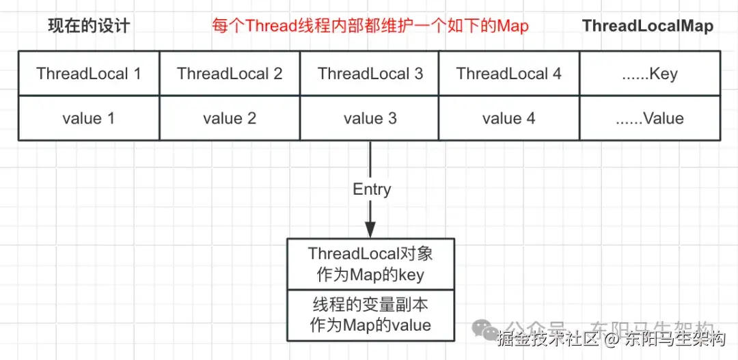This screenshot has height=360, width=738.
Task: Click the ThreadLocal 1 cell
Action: [x=89, y=74]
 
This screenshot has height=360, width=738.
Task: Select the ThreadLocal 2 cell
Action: [x=230, y=74]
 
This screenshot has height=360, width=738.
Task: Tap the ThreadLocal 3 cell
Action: [x=370, y=74]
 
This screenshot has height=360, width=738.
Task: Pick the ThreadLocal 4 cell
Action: [x=509, y=74]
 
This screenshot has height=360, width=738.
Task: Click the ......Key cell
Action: [x=649, y=74]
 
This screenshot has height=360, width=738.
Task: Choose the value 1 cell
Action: [x=89, y=118]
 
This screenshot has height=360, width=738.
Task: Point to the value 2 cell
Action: [x=230, y=118]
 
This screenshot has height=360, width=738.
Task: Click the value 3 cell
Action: [x=370, y=118]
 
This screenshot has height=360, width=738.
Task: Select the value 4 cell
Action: [x=509, y=118]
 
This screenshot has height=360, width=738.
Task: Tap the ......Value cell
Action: [x=649, y=118]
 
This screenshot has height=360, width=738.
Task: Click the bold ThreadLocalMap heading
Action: [x=647, y=27]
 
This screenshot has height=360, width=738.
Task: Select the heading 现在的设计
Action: [x=89, y=27]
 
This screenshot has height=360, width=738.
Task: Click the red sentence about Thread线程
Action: [x=369, y=27]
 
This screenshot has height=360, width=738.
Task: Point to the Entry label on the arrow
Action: [x=372, y=189]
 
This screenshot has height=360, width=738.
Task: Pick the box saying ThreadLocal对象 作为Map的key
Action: [x=370, y=264]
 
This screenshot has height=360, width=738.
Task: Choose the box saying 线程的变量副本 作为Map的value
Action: [x=370, y=314]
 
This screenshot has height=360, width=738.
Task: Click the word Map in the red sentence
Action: [x=512, y=27]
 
